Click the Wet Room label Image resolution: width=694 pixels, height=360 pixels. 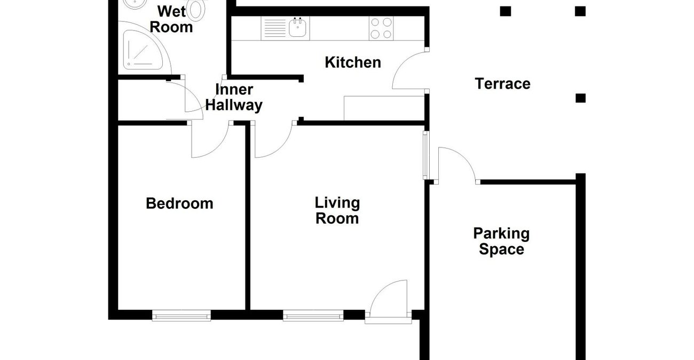[x=175, y=19]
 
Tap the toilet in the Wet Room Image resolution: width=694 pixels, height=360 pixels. [x=198, y=10]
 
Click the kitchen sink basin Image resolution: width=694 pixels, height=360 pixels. [x=298, y=28]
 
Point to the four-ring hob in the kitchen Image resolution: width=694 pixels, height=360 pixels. [x=381, y=28]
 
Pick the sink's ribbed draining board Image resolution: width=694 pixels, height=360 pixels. [x=275, y=28]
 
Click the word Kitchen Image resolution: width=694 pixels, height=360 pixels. [x=353, y=62]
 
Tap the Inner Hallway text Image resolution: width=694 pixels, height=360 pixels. [x=234, y=97]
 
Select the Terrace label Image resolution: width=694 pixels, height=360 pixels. [x=502, y=84]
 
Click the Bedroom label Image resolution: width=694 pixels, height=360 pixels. [x=179, y=204]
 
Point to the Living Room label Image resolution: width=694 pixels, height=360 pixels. [x=337, y=210]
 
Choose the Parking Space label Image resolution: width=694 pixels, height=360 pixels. [x=501, y=241]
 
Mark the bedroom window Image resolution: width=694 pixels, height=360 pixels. [x=182, y=316]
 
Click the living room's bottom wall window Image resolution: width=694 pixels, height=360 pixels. [x=312, y=316]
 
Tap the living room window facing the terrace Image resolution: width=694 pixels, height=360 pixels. [x=425, y=155]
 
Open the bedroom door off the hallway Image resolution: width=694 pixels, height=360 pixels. [x=209, y=142]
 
